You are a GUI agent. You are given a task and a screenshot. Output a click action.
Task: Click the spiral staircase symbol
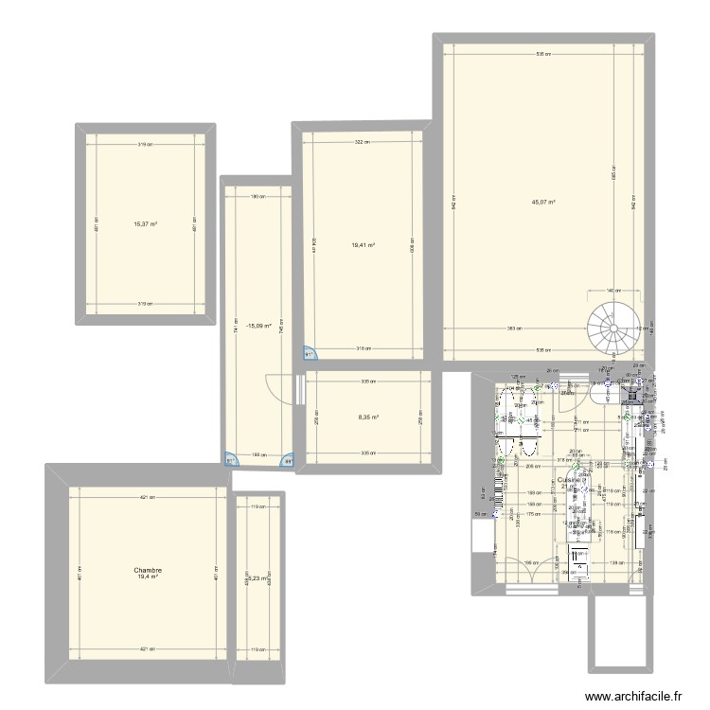612,328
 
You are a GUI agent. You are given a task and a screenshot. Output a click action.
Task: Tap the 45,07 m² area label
543,202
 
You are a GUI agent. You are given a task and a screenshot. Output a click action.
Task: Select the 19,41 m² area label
364,246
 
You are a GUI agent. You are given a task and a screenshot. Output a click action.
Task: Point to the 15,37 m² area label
145,224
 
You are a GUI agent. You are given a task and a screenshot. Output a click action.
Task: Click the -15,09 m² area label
258,326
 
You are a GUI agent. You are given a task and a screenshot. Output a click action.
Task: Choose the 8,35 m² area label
368,417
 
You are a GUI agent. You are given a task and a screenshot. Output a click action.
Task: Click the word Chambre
148,571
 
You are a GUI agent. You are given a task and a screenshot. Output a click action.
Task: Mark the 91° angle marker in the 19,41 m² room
310,355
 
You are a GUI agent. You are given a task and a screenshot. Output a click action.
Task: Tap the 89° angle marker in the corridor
288,461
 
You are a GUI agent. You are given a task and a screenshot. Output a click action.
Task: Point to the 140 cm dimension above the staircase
612,292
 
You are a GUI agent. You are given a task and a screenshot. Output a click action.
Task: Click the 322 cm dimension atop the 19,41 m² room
362,142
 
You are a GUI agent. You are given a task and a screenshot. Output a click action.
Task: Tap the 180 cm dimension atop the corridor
257,197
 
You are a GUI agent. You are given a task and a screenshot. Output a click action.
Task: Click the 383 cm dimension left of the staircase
511,328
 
